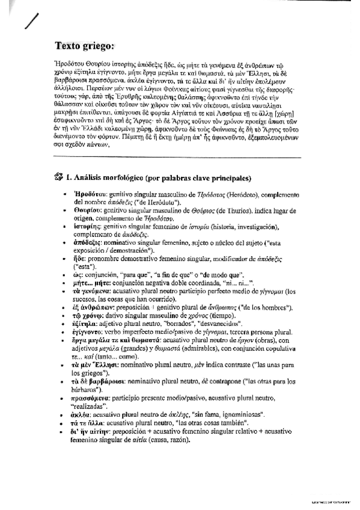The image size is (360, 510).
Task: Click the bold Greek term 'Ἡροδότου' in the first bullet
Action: click(89, 195)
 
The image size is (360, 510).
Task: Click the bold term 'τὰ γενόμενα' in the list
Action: click(94, 290)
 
